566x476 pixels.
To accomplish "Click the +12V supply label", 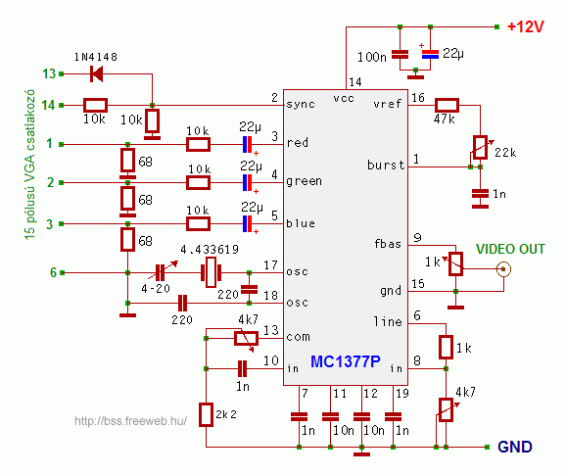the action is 526,26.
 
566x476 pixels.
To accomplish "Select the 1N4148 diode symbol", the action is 96,74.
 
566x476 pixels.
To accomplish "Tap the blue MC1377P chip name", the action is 346,361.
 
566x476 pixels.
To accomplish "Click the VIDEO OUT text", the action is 510,249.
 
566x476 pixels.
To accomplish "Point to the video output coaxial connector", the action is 503,269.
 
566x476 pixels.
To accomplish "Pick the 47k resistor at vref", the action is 447,106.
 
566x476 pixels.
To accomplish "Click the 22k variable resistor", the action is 480,147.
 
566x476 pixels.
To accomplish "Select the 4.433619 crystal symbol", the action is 211,272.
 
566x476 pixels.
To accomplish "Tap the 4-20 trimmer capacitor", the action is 160,272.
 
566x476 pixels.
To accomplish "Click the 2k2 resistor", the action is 206,415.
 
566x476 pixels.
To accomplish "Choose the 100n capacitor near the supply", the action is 400,55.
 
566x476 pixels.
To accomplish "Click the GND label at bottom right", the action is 515,448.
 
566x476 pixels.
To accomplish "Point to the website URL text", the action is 130,421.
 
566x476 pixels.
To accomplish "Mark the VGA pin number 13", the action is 49,73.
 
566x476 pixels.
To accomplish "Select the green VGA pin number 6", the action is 53,272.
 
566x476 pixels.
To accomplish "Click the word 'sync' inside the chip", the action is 301,105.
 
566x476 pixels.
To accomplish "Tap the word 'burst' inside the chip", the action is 386,166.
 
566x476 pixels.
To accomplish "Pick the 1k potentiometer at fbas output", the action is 455,264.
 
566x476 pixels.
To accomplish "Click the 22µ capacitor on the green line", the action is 248,183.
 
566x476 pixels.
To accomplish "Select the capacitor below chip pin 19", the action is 393,417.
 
